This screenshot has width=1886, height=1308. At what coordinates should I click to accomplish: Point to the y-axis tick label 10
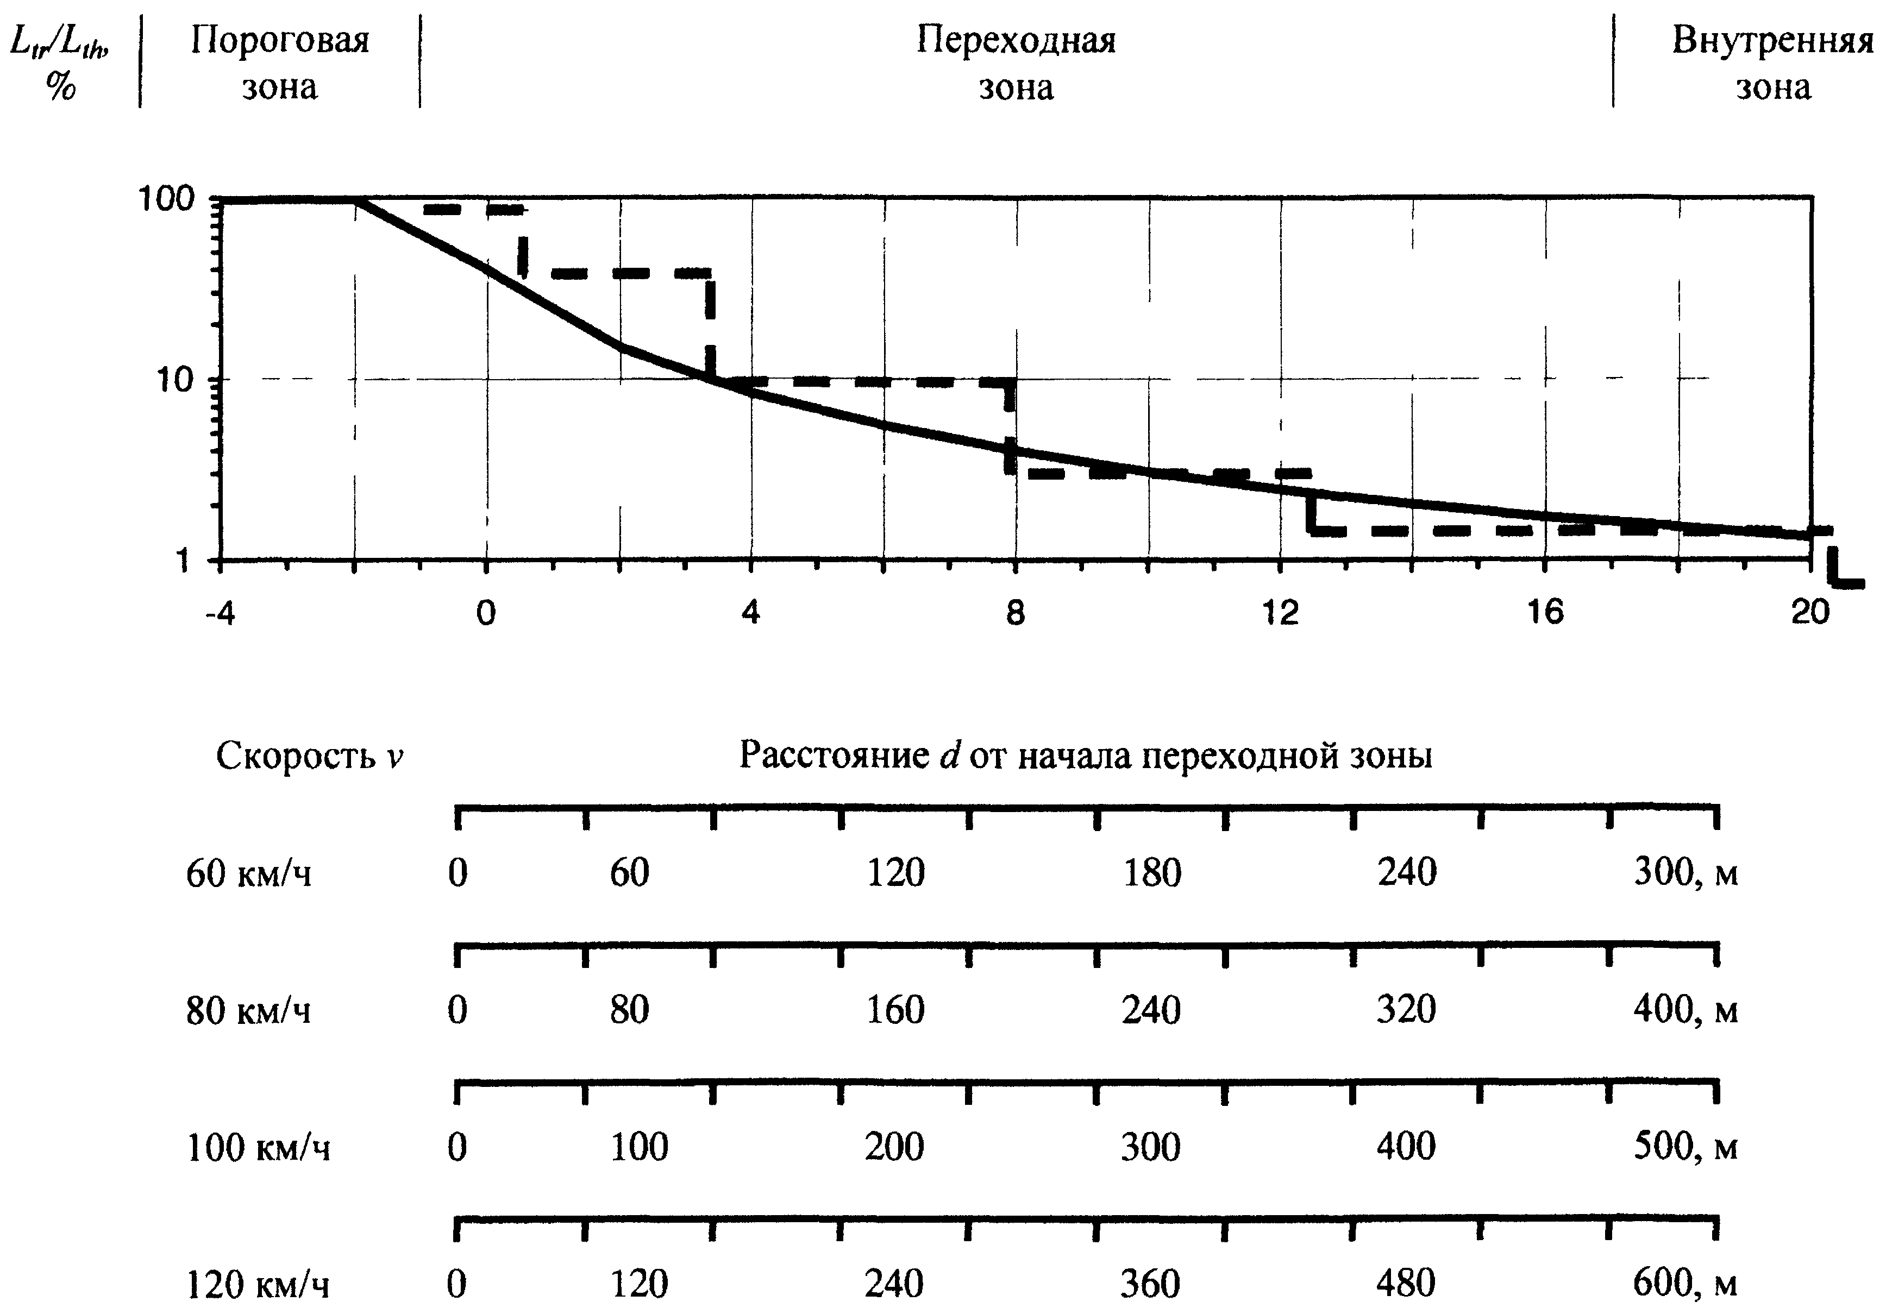point(174,380)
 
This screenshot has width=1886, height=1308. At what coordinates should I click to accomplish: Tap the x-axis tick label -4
point(220,612)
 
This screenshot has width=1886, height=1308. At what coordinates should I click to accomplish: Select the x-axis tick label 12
point(1280,612)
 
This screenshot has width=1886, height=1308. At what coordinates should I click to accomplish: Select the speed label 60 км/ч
point(248,873)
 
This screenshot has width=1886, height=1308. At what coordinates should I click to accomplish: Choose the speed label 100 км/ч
point(258,1147)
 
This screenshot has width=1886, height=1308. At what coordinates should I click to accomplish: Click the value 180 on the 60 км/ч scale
point(1151,873)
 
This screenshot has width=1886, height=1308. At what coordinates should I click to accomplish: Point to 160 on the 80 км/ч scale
point(895,1010)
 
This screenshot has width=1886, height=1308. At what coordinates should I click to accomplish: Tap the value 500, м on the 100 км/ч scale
point(1685,1147)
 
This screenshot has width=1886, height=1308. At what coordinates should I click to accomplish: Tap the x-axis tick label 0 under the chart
point(486,612)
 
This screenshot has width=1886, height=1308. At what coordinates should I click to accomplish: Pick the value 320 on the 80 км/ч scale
point(1406,1010)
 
